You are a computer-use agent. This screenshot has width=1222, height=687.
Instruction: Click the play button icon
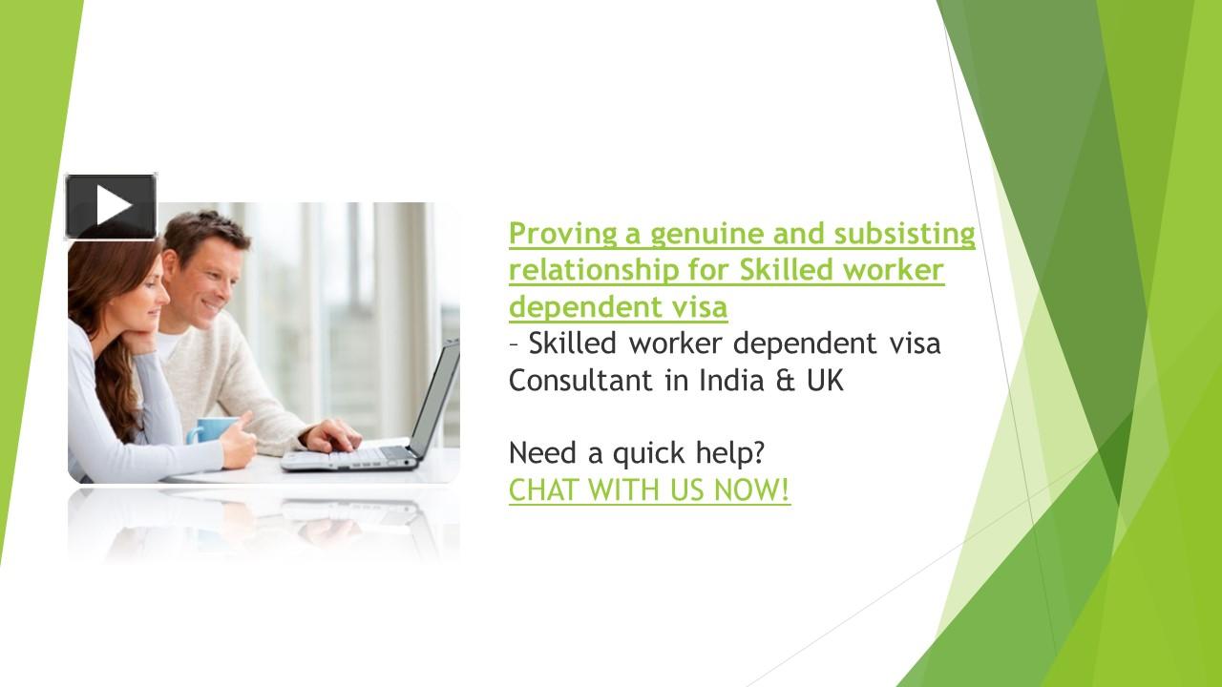111,206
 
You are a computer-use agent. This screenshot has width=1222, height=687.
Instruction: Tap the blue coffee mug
211,430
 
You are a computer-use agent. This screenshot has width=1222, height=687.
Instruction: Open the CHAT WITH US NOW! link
649,490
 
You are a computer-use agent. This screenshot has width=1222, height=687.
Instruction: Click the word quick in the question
649,454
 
